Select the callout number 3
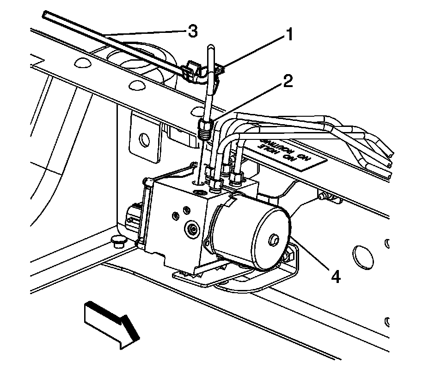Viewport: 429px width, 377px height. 192,31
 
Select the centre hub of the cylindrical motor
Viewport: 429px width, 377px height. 273,239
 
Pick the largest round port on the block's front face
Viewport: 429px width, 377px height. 190,228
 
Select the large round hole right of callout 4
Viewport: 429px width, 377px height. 361,255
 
